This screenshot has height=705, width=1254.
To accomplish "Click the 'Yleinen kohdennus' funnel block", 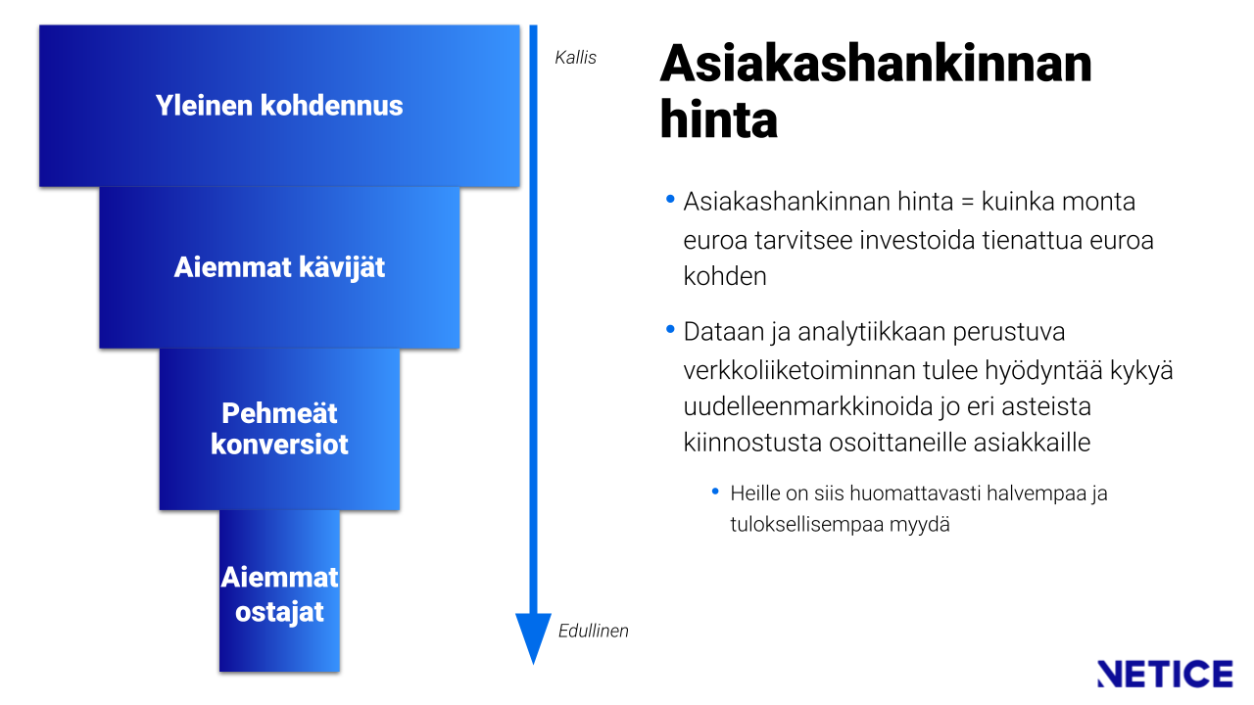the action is [279, 106].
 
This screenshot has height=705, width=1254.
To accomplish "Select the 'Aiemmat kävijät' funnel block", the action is [279, 267].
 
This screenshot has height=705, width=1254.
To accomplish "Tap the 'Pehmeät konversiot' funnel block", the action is [279, 429].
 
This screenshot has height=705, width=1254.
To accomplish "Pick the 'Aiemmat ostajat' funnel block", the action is [279, 590].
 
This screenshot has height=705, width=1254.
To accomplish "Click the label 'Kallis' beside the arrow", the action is [575, 58].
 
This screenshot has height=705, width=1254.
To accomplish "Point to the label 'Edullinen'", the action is [594, 632].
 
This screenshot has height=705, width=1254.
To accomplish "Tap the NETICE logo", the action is [1165, 674].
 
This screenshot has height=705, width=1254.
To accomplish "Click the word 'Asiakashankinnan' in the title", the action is [876, 64].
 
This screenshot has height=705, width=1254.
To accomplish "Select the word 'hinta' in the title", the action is [719, 119].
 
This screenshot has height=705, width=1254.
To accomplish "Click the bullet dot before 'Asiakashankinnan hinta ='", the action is [670, 199].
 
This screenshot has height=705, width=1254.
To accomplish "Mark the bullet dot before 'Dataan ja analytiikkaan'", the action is [670, 329].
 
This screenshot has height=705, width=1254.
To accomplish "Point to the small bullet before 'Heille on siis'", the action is [715, 492].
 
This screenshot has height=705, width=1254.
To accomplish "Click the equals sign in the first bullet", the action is [967, 203].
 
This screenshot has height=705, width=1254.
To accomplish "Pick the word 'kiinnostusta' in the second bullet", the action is [752, 443].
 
